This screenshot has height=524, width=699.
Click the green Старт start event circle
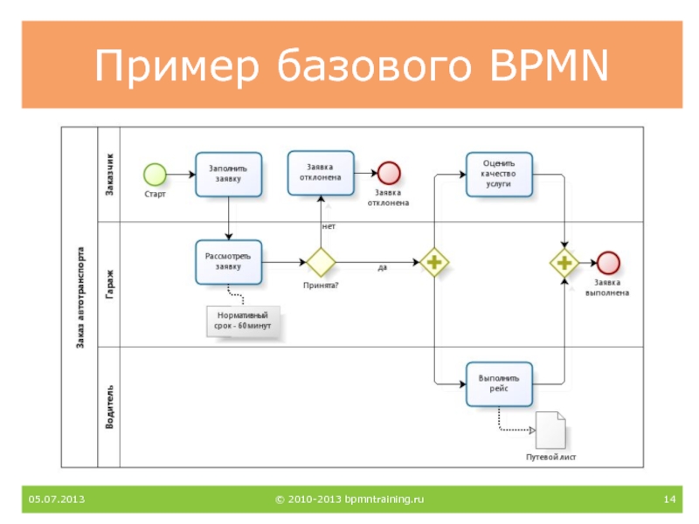point(156,174)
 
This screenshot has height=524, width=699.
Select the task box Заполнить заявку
point(229,174)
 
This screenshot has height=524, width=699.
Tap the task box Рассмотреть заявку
point(229,262)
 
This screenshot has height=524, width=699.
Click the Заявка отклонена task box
point(321,173)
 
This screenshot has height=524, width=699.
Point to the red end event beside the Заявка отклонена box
point(389,173)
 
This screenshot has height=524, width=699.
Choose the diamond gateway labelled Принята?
point(321,262)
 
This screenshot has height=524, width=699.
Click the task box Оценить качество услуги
point(499,174)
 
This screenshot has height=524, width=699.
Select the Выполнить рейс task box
point(499,384)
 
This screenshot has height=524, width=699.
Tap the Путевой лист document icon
point(550,430)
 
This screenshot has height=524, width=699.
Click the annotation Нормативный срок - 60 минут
point(243,321)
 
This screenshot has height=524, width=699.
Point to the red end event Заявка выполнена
point(608,263)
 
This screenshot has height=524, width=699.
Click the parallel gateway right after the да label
point(434,262)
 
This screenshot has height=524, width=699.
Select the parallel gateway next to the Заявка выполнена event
point(564,263)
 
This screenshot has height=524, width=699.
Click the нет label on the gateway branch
point(329,226)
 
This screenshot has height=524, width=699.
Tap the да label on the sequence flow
point(383,267)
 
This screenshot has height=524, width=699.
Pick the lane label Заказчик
point(110,174)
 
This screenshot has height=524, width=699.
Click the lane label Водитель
point(110,407)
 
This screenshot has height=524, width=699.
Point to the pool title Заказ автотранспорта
point(80,297)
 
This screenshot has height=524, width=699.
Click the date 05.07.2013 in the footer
point(57,499)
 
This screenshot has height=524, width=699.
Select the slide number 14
point(669,499)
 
